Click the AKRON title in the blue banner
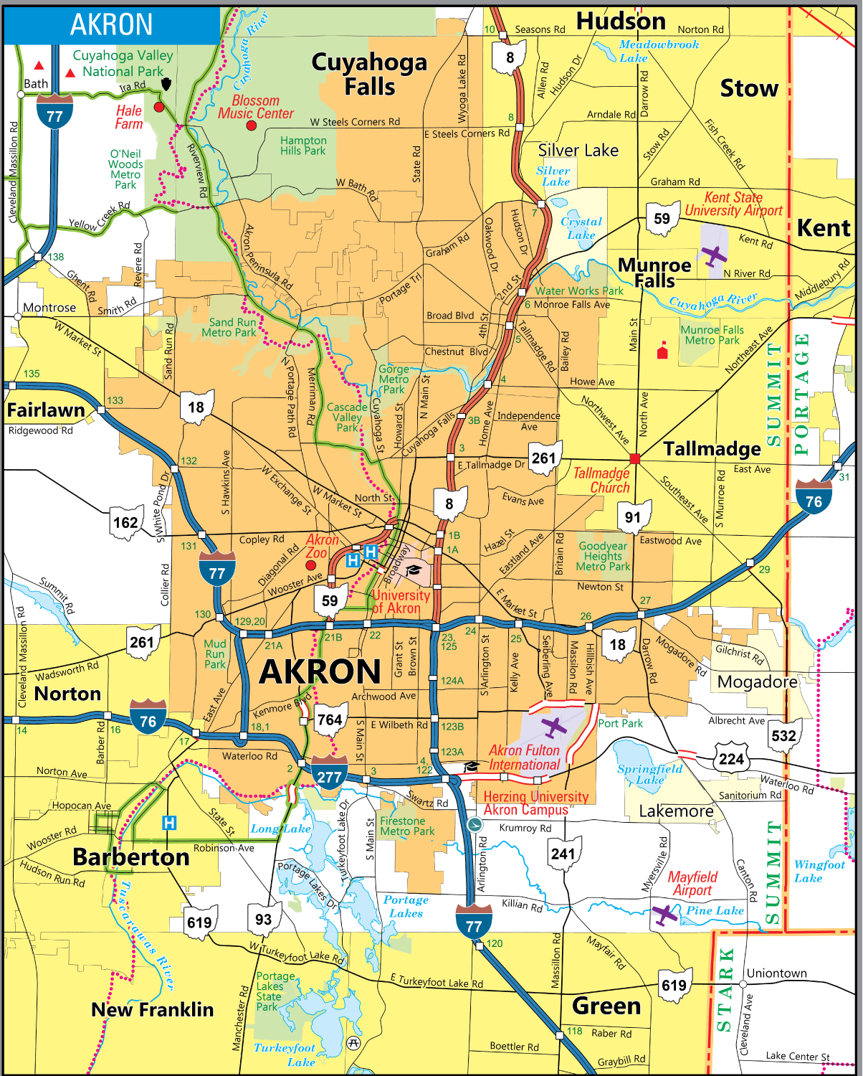[111, 24]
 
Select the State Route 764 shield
[330, 719]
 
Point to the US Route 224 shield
[731, 759]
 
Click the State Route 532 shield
[783, 736]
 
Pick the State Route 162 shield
[125, 522]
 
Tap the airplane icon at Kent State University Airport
[714, 255]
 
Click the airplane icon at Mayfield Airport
[665, 915]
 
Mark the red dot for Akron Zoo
[311, 565]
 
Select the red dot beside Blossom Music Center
[251, 126]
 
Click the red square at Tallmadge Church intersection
[634, 458]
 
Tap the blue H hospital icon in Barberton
[169, 823]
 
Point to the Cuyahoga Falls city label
[369, 75]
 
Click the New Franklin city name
[152, 1010]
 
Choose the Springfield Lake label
[649, 774]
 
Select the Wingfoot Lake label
[819, 871]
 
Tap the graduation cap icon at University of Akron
[414, 570]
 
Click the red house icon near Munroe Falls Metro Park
[662, 351]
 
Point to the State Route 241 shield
[563, 853]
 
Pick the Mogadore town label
[758, 681]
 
